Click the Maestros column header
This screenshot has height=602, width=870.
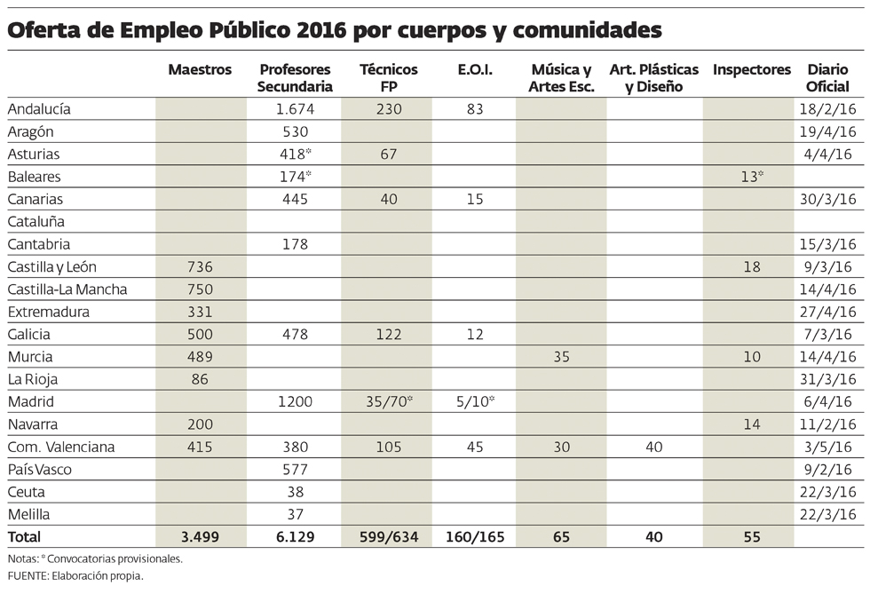200,70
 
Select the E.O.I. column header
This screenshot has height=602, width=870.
476,70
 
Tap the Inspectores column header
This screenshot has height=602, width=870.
751,70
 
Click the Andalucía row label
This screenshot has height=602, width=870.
38,109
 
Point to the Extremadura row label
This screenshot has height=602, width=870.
48,312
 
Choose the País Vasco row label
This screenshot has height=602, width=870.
40,469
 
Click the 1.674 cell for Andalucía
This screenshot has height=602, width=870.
294,109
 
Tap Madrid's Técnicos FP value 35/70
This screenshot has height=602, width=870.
387,401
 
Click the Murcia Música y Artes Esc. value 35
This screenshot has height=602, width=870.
561,357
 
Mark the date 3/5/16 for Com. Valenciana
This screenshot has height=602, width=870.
829,447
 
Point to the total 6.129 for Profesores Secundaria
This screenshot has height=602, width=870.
294,537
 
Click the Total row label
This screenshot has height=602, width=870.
24,537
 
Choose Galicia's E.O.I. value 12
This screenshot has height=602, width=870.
475,335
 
